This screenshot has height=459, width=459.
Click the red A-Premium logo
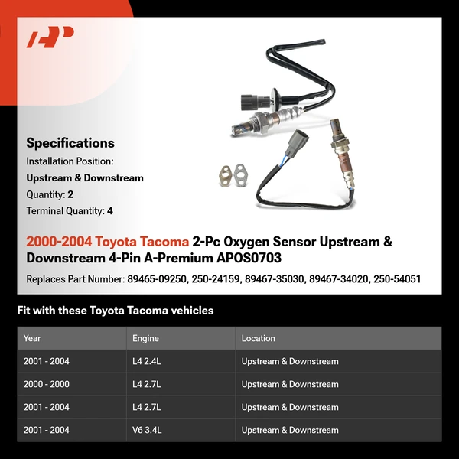[50, 37]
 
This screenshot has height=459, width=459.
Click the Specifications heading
[70, 143]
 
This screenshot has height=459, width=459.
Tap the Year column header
[32, 338]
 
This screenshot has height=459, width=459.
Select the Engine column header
[146, 338]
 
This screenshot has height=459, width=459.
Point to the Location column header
[259, 338]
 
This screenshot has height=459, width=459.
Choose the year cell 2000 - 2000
[46, 384]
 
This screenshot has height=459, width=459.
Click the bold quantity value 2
[70, 194]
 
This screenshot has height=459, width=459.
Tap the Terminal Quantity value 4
[110, 210]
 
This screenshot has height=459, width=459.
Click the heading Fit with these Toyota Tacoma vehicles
[115, 311]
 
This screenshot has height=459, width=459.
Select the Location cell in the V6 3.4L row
[290, 430]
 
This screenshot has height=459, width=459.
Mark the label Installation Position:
[70, 161]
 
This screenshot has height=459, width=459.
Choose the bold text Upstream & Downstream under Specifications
[85, 178]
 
